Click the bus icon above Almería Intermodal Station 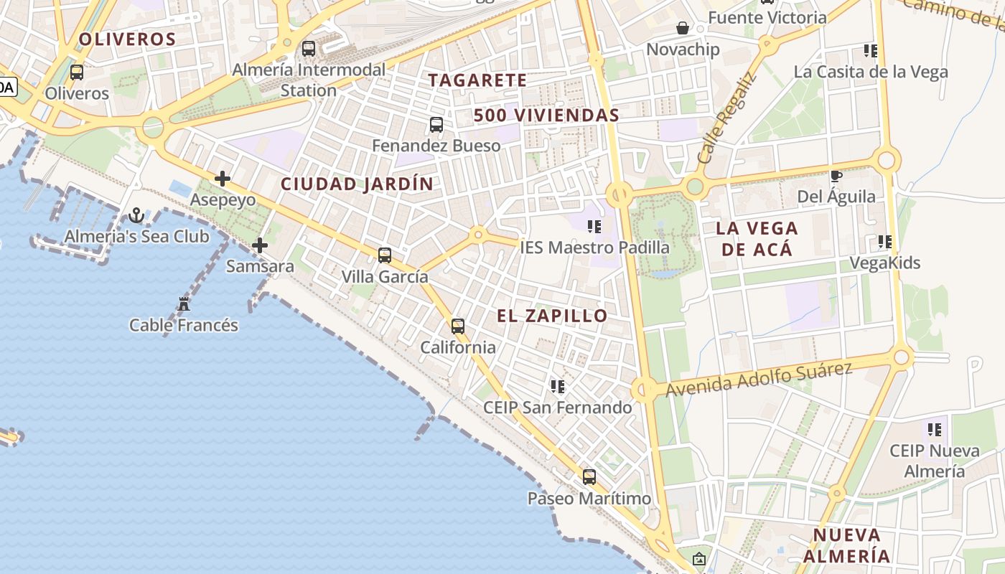pyautogui.click(x=309, y=49)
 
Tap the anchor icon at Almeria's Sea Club pyautogui.click(x=136, y=215)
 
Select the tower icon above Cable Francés pyautogui.click(x=184, y=304)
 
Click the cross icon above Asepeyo pyautogui.click(x=223, y=179)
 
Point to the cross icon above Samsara pyautogui.click(x=260, y=245)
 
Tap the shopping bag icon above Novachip pyautogui.click(x=683, y=28)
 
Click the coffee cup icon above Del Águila pyautogui.click(x=836, y=176)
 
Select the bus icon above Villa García pyautogui.click(x=385, y=255)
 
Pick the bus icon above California pyautogui.click(x=458, y=326)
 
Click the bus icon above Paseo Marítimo pyautogui.click(x=589, y=477)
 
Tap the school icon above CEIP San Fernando pyautogui.click(x=558, y=387)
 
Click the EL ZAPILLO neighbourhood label pyautogui.click(x=552, y=316)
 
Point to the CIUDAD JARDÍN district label pyautogui.click(x=357, y=184)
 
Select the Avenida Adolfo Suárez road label pyautogui.click(x=759, y=380)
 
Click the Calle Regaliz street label pyautogui.click(x=726, y=118)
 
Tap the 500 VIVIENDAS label pyautogui.click(x=546, y=116)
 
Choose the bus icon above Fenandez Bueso pyautogui.click(x=436, y=125)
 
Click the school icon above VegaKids pyautogui.click(x=885, y=242)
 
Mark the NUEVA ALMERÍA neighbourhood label pyautogui.click(x=846, y=545)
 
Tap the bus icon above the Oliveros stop pyautogui.click(x=77, y=72)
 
